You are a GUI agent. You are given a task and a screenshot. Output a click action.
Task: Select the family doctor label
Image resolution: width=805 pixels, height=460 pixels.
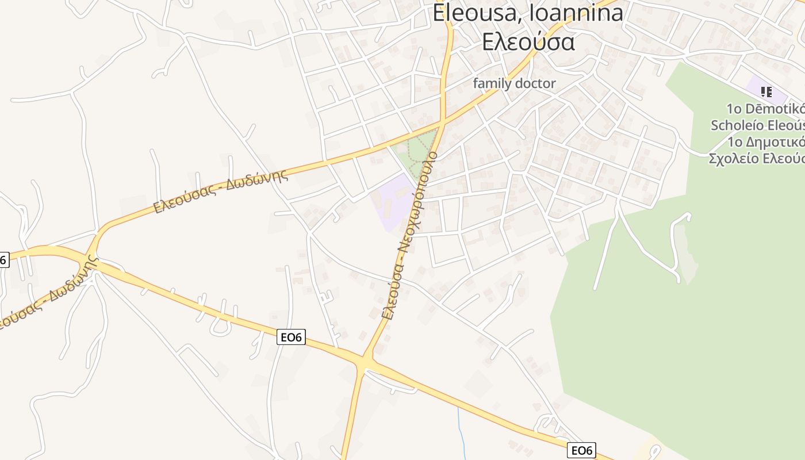(514, 83)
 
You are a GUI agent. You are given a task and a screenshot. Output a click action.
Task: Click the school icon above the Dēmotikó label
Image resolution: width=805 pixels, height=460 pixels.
(766, 91)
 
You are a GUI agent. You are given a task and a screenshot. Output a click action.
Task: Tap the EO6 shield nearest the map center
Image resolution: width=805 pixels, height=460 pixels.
(291, 337)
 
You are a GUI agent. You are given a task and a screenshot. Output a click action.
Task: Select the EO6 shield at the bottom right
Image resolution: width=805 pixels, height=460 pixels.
(581, 450)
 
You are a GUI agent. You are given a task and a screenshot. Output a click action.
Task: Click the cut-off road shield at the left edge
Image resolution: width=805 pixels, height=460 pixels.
(3, 260)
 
